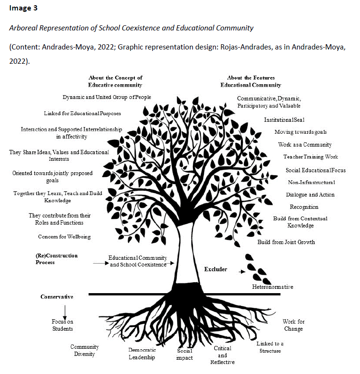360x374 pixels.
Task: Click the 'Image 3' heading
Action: [x=23, y=9]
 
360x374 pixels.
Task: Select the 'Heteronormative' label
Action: [x=272, y=287]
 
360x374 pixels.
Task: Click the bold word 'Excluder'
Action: [x=216, y=269]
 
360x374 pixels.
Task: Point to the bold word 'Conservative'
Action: [x=57, y=297]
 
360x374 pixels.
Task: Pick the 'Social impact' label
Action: [x=184, y=354]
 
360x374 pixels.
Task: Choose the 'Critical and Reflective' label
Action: [x=222, y=355]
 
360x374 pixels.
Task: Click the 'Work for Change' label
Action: [x=293, y=325]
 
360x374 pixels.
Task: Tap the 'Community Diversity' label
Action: [x=84, y=350]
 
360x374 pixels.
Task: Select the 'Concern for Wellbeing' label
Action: [x=64, y=236]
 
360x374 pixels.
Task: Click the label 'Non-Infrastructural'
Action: [x=311, y=182]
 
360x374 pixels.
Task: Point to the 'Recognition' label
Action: [x=304, y=207]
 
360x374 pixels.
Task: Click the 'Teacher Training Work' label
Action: [x=310, y=157]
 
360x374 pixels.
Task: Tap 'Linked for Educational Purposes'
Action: [x=82, y=113]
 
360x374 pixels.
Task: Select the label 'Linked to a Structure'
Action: [x=270, y=347]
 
